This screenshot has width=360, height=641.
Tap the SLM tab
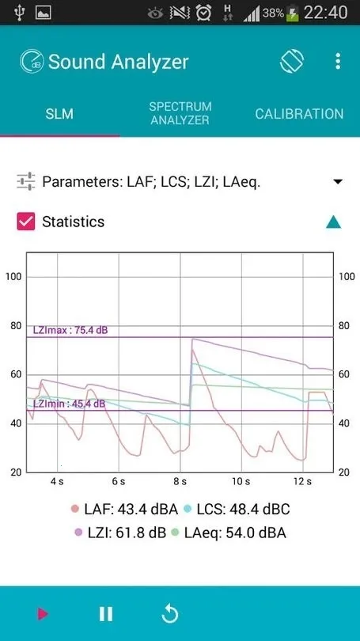(59, 113)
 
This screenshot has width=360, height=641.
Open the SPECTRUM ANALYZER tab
(180, 113)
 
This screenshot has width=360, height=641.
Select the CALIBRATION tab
(299, 113)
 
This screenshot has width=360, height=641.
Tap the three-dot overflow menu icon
(339, 62)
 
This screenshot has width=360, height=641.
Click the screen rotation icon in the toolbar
(292, 62)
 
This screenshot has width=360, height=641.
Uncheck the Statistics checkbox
(26, 222)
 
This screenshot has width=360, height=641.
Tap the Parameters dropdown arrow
(338, 182)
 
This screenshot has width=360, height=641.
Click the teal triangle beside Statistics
(334, 222)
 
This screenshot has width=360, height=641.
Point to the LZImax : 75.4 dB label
(70, 330)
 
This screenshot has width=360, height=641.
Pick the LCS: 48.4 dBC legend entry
(235, 509)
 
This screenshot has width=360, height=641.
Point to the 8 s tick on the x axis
(180, 481)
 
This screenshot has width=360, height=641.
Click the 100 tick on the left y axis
(13, 276)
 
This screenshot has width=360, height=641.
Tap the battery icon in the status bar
(293, 13)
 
